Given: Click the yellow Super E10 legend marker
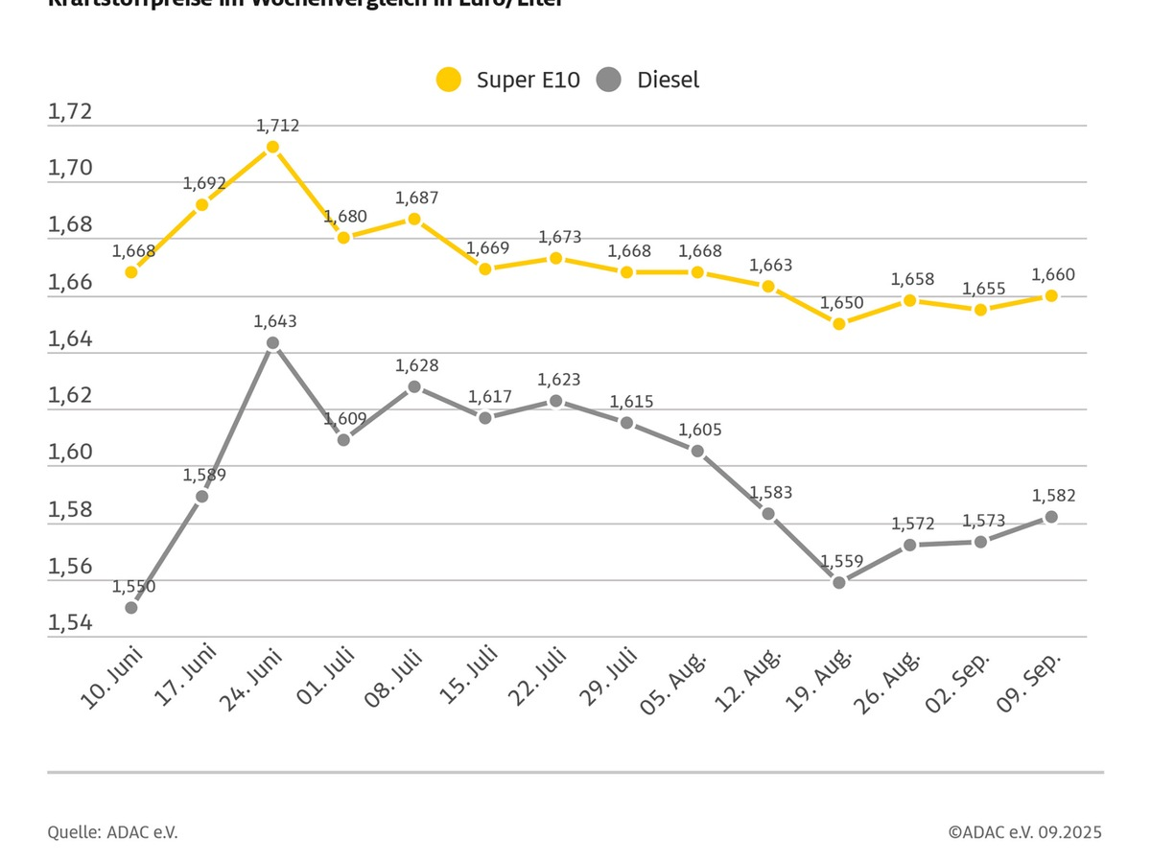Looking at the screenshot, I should coord(448,80).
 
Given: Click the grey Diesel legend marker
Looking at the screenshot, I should coord(608,80).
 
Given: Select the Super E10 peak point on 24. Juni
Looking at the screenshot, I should coord(272,147).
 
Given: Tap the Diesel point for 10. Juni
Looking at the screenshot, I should coord(131,607).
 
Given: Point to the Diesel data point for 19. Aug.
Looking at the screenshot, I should coord(839,582).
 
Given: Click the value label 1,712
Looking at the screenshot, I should coord(278,126).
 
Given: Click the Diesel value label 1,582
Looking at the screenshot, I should coord(1053,496).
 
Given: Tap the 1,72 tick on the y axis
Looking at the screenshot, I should coord(70,112).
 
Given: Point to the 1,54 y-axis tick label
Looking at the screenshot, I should coord(70,623).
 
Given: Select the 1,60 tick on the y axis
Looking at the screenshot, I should coord(70,453).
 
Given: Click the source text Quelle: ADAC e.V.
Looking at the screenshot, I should coord(112,832).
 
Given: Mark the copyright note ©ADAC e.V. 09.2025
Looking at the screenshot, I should coord(1024,832).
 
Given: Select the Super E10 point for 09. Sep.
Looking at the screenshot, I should coord(1051,295).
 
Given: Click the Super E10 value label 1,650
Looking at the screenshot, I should coord(841,303).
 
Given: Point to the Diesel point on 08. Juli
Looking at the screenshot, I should coord(414,386).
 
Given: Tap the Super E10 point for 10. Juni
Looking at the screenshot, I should coord(131,271).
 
